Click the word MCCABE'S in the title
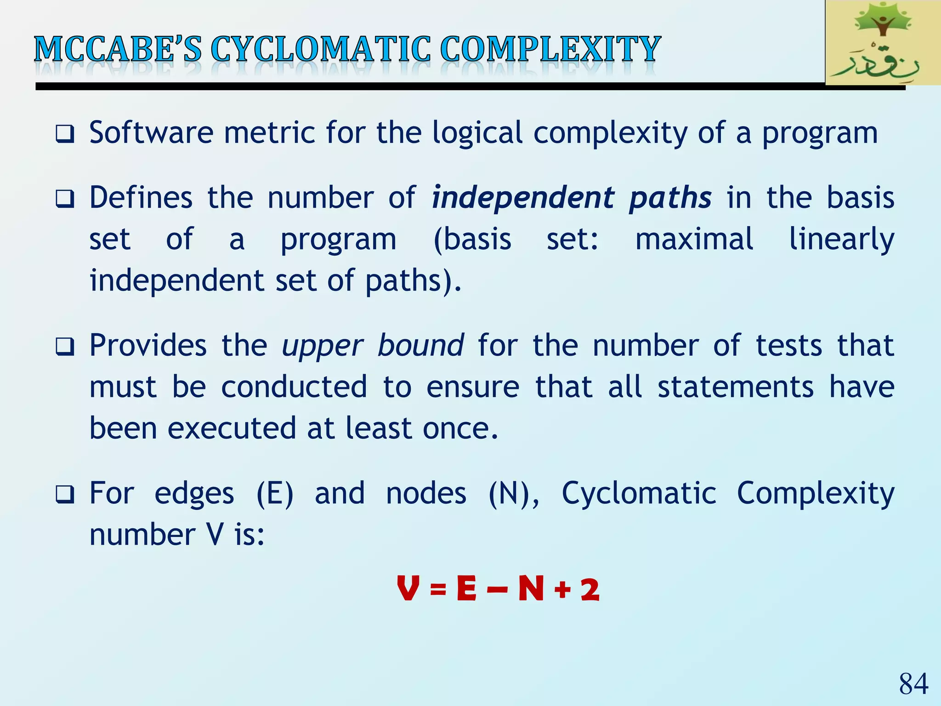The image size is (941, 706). click(x=118, y=49)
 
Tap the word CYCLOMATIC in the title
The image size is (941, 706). click(x=321, y=49)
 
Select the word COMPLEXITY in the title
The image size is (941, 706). click(x=550, y=49)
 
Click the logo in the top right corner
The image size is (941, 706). click(x=882, y=43)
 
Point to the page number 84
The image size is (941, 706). click(x=913, y=684)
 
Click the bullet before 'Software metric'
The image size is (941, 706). click(x=65, y=134)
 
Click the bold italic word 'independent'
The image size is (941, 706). click(x=523, y=199)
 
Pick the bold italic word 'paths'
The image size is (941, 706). click(x=670, y=199)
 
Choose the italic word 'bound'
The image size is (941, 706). click(x=420, y=346)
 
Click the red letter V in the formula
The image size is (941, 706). click(x=408, y=589)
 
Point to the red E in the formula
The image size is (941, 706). click(x=467, y=589)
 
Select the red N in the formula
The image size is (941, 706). click(x=531, y=589)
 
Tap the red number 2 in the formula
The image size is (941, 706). click(x=590, y=590)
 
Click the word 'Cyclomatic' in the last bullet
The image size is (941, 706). click(x=639, y=494)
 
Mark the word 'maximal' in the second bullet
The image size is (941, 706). click(x=694, y=239)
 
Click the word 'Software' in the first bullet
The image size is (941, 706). click(x=151, y=133)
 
